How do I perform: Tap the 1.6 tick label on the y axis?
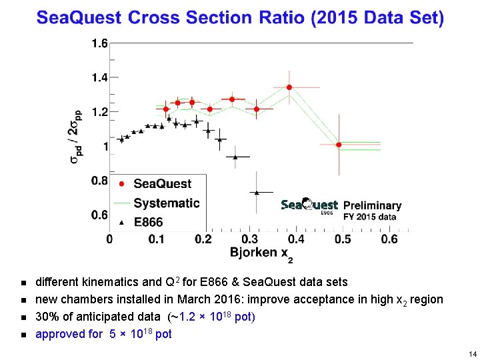tap(99, 43)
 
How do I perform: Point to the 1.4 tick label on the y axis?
tap(99, 78)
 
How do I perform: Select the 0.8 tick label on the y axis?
tap(99, 180)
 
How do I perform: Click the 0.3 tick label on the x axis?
tap(250, 239)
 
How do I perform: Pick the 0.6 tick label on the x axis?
tap(389, 239)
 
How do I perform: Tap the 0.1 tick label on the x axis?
tap(157, 239)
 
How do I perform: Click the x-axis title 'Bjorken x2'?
tap(262, 254)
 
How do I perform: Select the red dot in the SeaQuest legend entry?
tap(121, 184)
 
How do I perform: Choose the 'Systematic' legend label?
tap(166, 203)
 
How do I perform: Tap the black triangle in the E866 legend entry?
tap(121, 222)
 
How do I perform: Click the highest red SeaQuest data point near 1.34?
tap(289, 87)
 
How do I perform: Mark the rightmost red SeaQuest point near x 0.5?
tap(339, 145)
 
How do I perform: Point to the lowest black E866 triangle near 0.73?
tap(257, 192)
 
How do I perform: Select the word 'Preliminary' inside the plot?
tap(372, 205)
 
